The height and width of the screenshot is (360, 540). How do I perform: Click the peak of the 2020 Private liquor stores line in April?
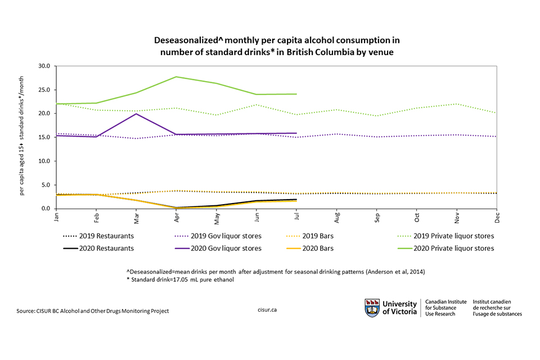pos(176,76)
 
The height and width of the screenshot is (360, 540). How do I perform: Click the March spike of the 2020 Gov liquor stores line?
pos(136,114)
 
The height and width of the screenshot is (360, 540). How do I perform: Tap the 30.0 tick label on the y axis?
pos(44,66)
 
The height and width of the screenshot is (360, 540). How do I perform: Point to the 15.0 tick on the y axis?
pos(44,137)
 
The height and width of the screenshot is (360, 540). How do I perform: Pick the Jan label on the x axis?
pos(57,216)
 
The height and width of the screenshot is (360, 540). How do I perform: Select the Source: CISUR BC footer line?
pos(93,310)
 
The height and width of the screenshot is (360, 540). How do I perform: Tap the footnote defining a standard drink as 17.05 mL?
pos(180,281)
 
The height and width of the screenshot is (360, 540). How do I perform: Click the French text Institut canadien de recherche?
pos(497,308)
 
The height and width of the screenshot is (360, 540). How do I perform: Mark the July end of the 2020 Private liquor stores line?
pos(296,94)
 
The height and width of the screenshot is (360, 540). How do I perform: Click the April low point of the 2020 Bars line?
pos(176,208)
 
